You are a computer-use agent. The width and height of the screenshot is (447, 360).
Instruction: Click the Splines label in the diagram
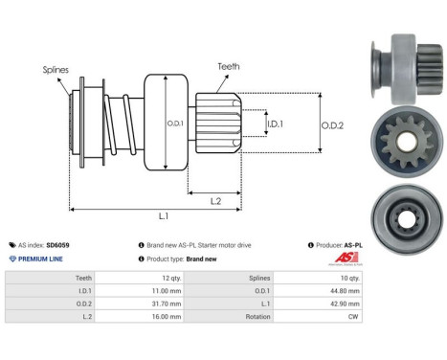coord(56,70)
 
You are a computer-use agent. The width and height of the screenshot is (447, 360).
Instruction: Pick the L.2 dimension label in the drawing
coord(217,199)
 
